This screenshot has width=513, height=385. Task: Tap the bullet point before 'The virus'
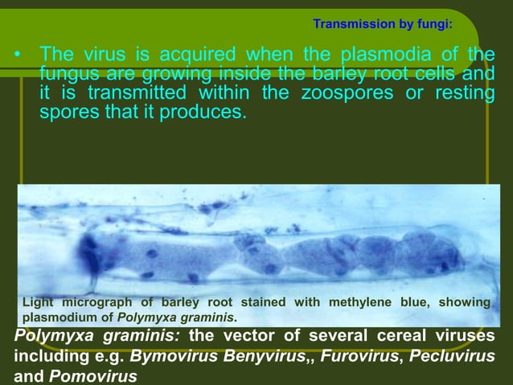pyautogui.click(x=17, y=55)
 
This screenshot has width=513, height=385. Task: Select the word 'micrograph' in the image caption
pyautogui.click(x=101, y=302)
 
